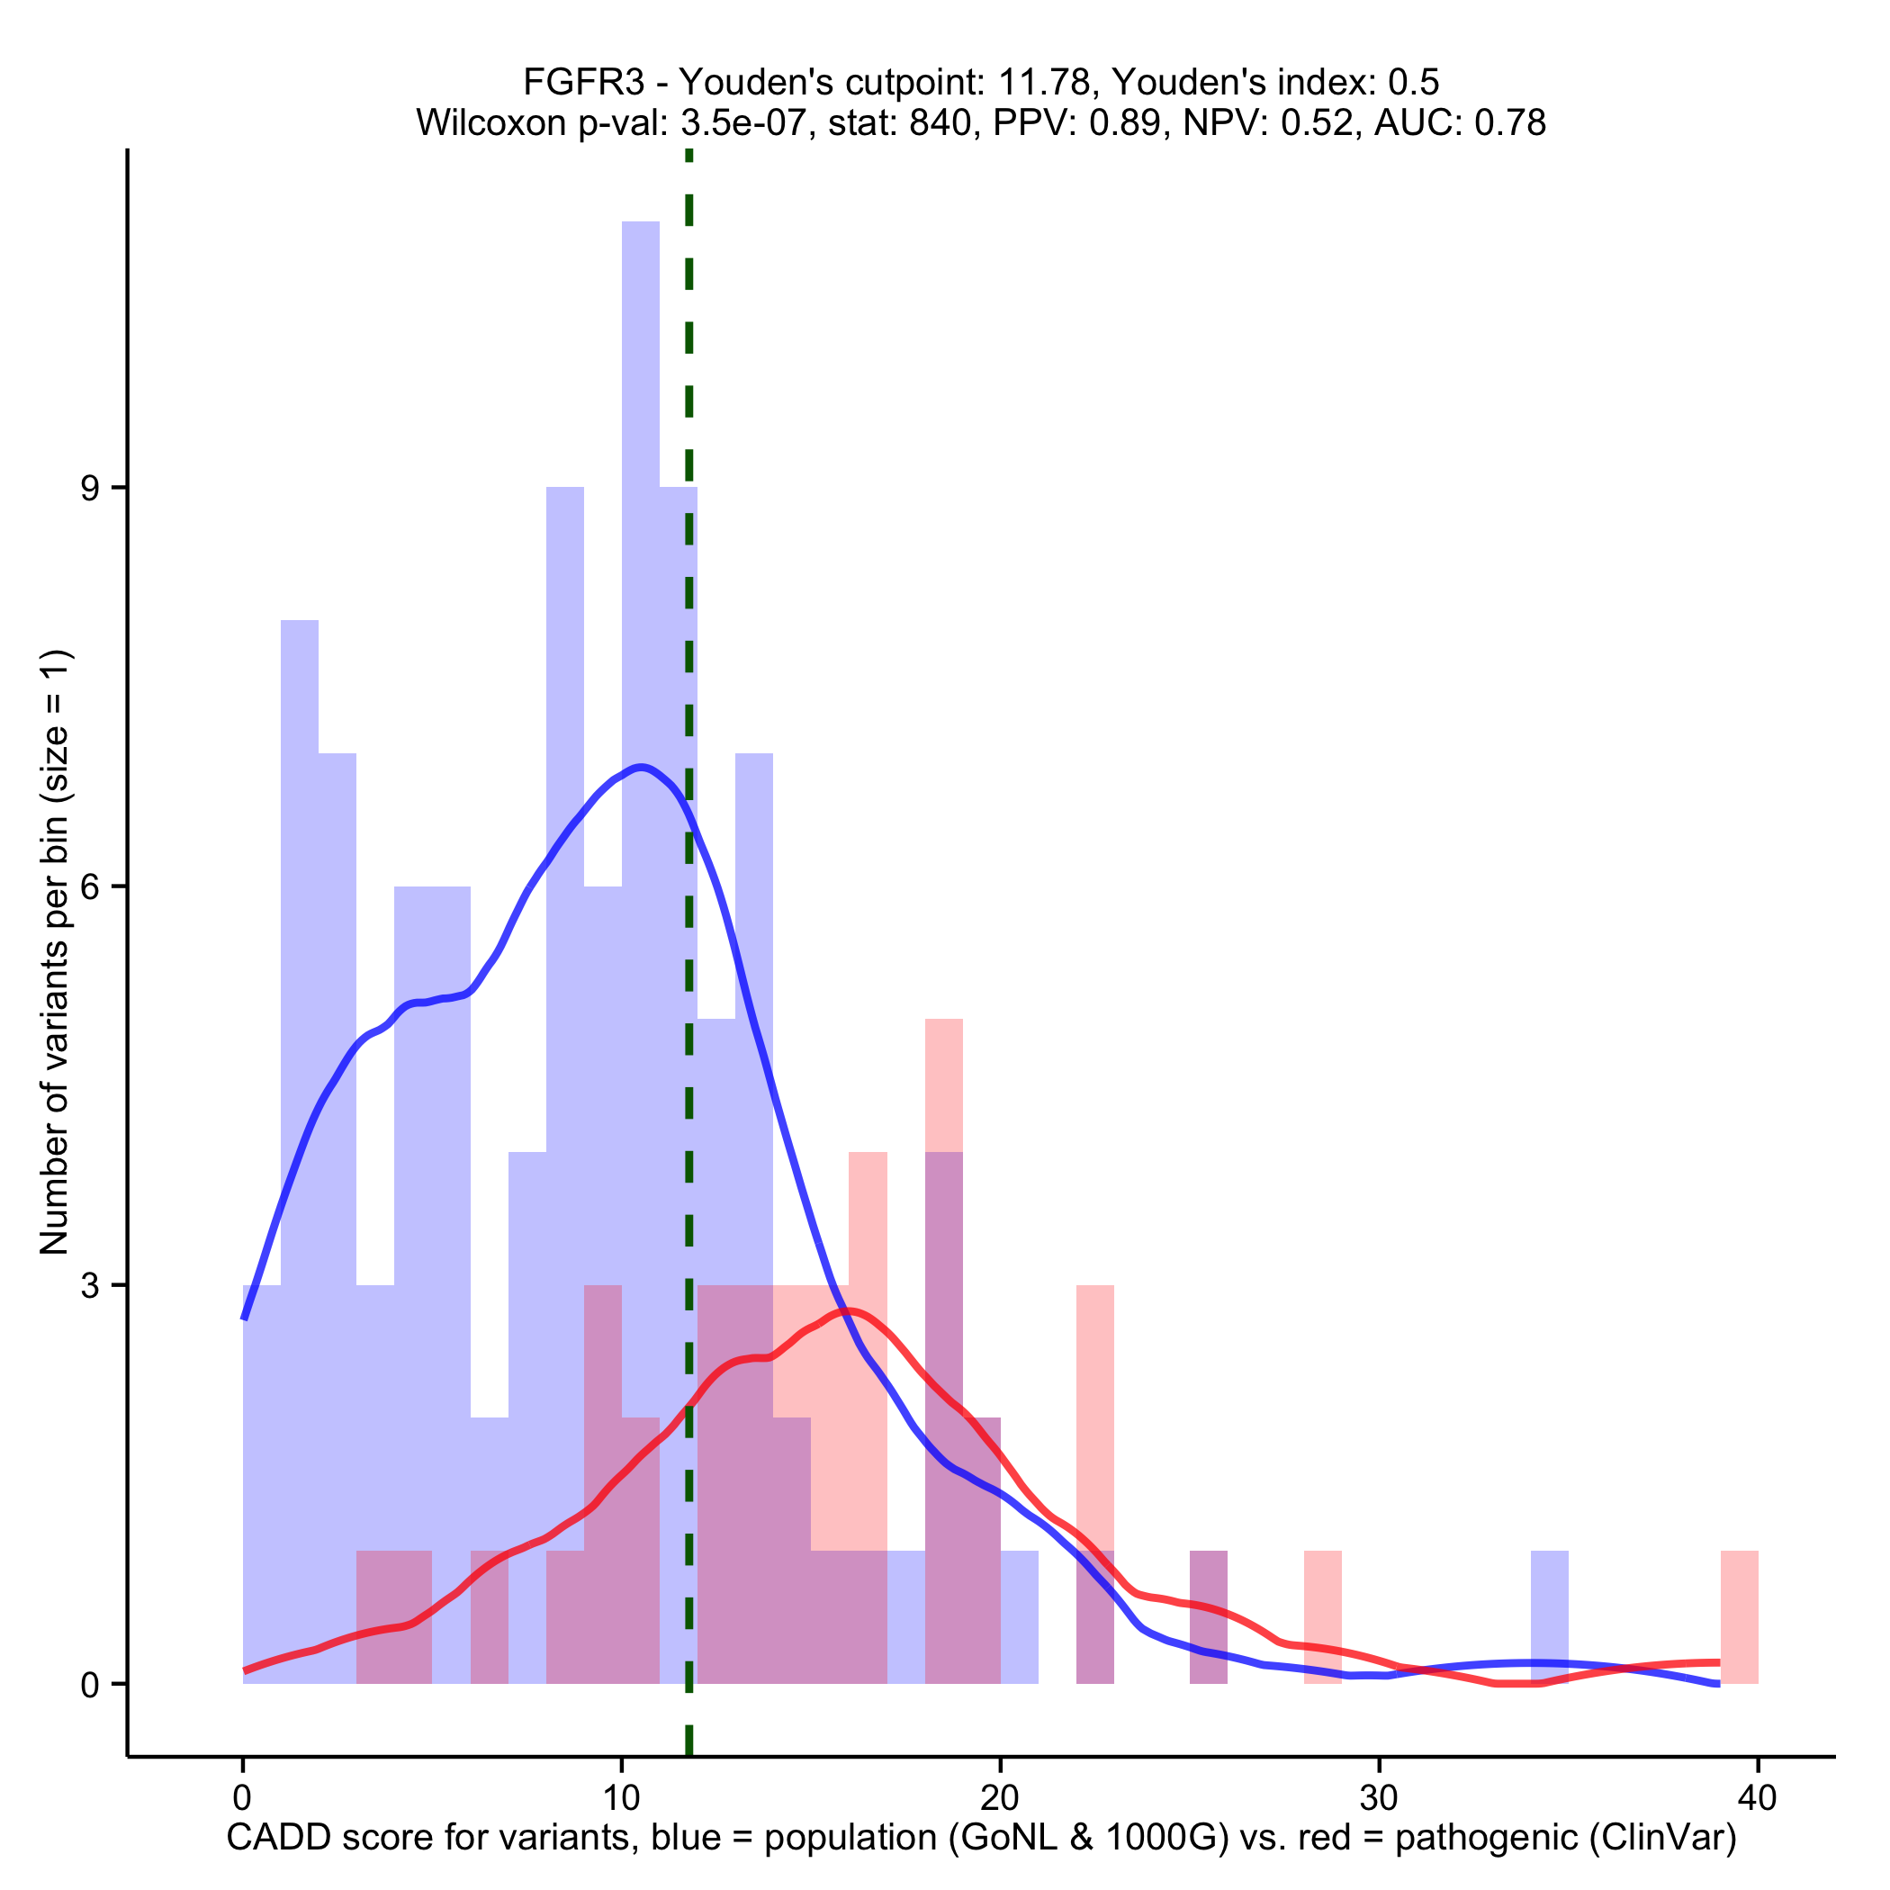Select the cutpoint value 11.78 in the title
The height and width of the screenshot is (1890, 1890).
[1049, 82]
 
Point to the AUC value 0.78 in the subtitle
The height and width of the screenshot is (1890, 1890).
[1510, 123]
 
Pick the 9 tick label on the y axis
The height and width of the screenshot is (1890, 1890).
[90, 488]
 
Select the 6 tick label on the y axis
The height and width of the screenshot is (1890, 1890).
[90, 887]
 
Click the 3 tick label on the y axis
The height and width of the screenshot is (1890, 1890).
[90, 1285]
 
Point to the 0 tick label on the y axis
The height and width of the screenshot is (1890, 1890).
[90, 1685]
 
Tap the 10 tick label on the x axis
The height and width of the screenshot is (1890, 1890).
[621, 1798]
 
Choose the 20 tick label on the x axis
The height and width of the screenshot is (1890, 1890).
[1000, 1798]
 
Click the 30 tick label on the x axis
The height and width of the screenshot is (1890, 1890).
[1380, 1798]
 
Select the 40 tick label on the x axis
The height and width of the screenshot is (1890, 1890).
[1758, 1798]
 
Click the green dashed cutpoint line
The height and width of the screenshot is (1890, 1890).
[688, 978]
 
